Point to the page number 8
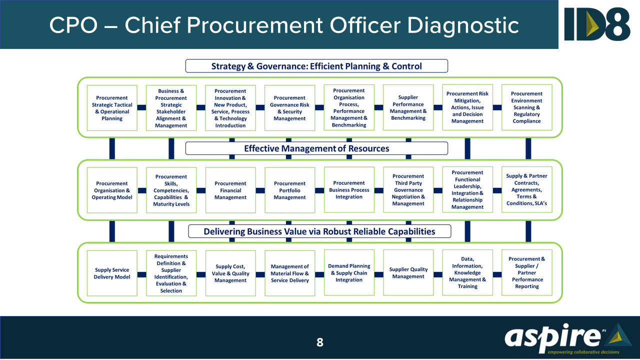[x=320, y=342]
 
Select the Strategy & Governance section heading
[x=316, y=66]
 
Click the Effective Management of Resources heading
[x=316, y=148]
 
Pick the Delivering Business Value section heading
[x=319, y=231]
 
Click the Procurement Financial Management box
[x=230, y=190]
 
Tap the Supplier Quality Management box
[x=408, y=273]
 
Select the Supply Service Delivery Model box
[x=112, y=273]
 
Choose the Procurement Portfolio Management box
[x=289, y=190]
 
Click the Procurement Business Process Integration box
[x=349, y=190]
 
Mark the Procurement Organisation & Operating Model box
[x=112, y=190]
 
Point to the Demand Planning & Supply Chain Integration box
[x=349, y=273]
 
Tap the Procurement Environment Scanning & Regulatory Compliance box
[x=526, y=107]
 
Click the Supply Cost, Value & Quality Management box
[x=230, y=273]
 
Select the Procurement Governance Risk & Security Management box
[x=289, y=108]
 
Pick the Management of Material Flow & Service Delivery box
[x=289, y=273]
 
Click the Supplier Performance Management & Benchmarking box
[x=408, y=108]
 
